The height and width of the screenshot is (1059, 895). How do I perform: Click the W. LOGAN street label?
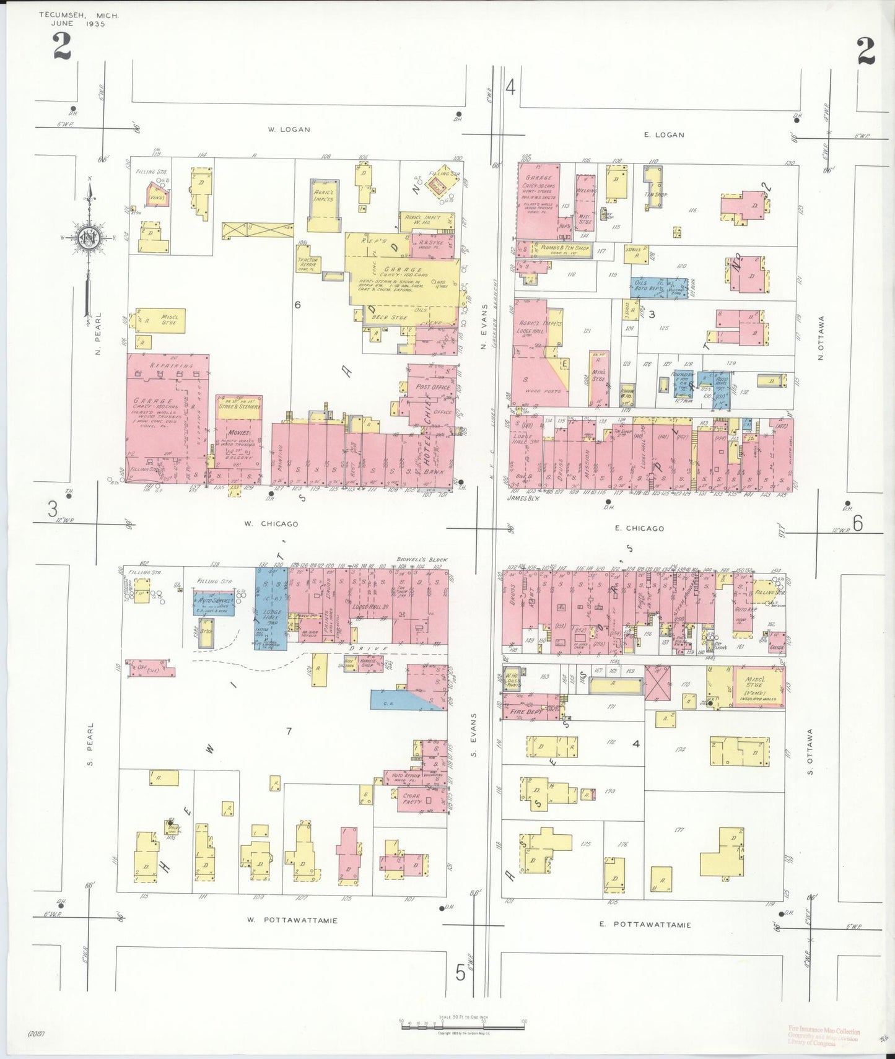pyautogui.click(x=289, y=129)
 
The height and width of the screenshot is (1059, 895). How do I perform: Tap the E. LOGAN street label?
pyautogui.click(x=664, y=134)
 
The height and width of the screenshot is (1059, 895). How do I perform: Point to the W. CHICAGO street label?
pyautogui.click(x=271, y=524)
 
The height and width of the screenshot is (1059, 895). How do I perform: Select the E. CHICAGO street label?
pyautogui.click(x=639, y=528)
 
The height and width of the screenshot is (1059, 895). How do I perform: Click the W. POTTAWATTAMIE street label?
pyautogui.click(x=292, y=920)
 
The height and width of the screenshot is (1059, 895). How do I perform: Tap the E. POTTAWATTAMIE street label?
pyautogui.click(x=645, y=925)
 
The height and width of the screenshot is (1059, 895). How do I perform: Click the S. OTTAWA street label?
pyautogui.click(x=810, y=751)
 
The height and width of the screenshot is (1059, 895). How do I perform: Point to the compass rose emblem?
pyautogui.click(x=89, y=237)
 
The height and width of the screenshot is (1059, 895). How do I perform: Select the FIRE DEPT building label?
pyautogui.click(x=525, y=712)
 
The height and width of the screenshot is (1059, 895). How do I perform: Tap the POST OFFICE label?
pyautogui.click(x=433, y=387)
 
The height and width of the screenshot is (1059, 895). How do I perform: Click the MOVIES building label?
pyautogui.click(x=238, y=432)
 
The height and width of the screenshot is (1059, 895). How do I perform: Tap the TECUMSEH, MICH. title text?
pyautogui.click(x=79, y=15)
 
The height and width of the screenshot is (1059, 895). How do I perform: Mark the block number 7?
pyautogui.click(x=289, y=731)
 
